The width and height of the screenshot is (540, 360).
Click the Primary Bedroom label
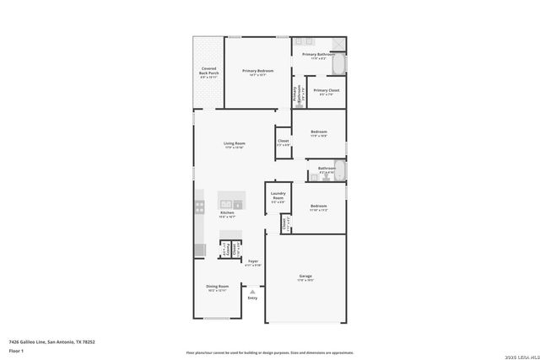pos(249,73)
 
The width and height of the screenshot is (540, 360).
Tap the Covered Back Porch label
pos(208,72)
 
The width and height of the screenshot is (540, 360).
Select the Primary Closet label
pos(327,91)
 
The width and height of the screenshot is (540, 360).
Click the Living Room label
pos(234,144)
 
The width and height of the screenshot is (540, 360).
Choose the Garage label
pos(305,277)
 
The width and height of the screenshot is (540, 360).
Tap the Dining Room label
pos(218,288)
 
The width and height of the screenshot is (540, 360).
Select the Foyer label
pos(252,262)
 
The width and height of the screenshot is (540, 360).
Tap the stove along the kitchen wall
pos(199,206)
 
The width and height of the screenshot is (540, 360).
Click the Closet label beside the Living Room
pos(283,142)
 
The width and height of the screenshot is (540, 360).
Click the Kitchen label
pos(227,214)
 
